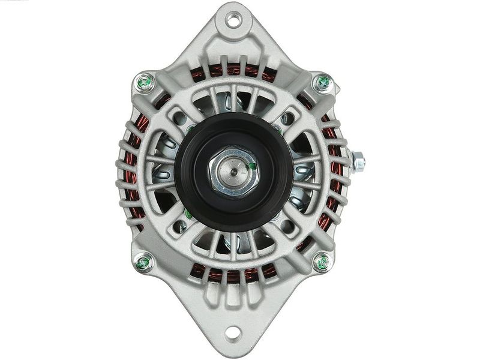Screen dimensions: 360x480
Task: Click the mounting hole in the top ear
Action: pyautogui.click(x=235, y=20)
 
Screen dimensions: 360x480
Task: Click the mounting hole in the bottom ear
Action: pyautogui.click(x=235, y=331)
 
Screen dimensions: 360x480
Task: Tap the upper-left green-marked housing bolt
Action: pyautogui.click(x=145, y=82)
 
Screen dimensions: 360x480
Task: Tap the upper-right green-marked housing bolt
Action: pyautogui.click(x=323, y=82)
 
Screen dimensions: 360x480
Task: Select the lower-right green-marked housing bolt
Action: pyautogui.click(x=323, y=262)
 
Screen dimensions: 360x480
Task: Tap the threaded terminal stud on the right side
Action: pyautogui.click(x=358, y=161)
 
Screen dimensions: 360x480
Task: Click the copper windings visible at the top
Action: pyautogui.click(x=234, y=71)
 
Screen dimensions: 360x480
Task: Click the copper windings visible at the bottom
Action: pyautogui.click(x=234, y=276)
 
